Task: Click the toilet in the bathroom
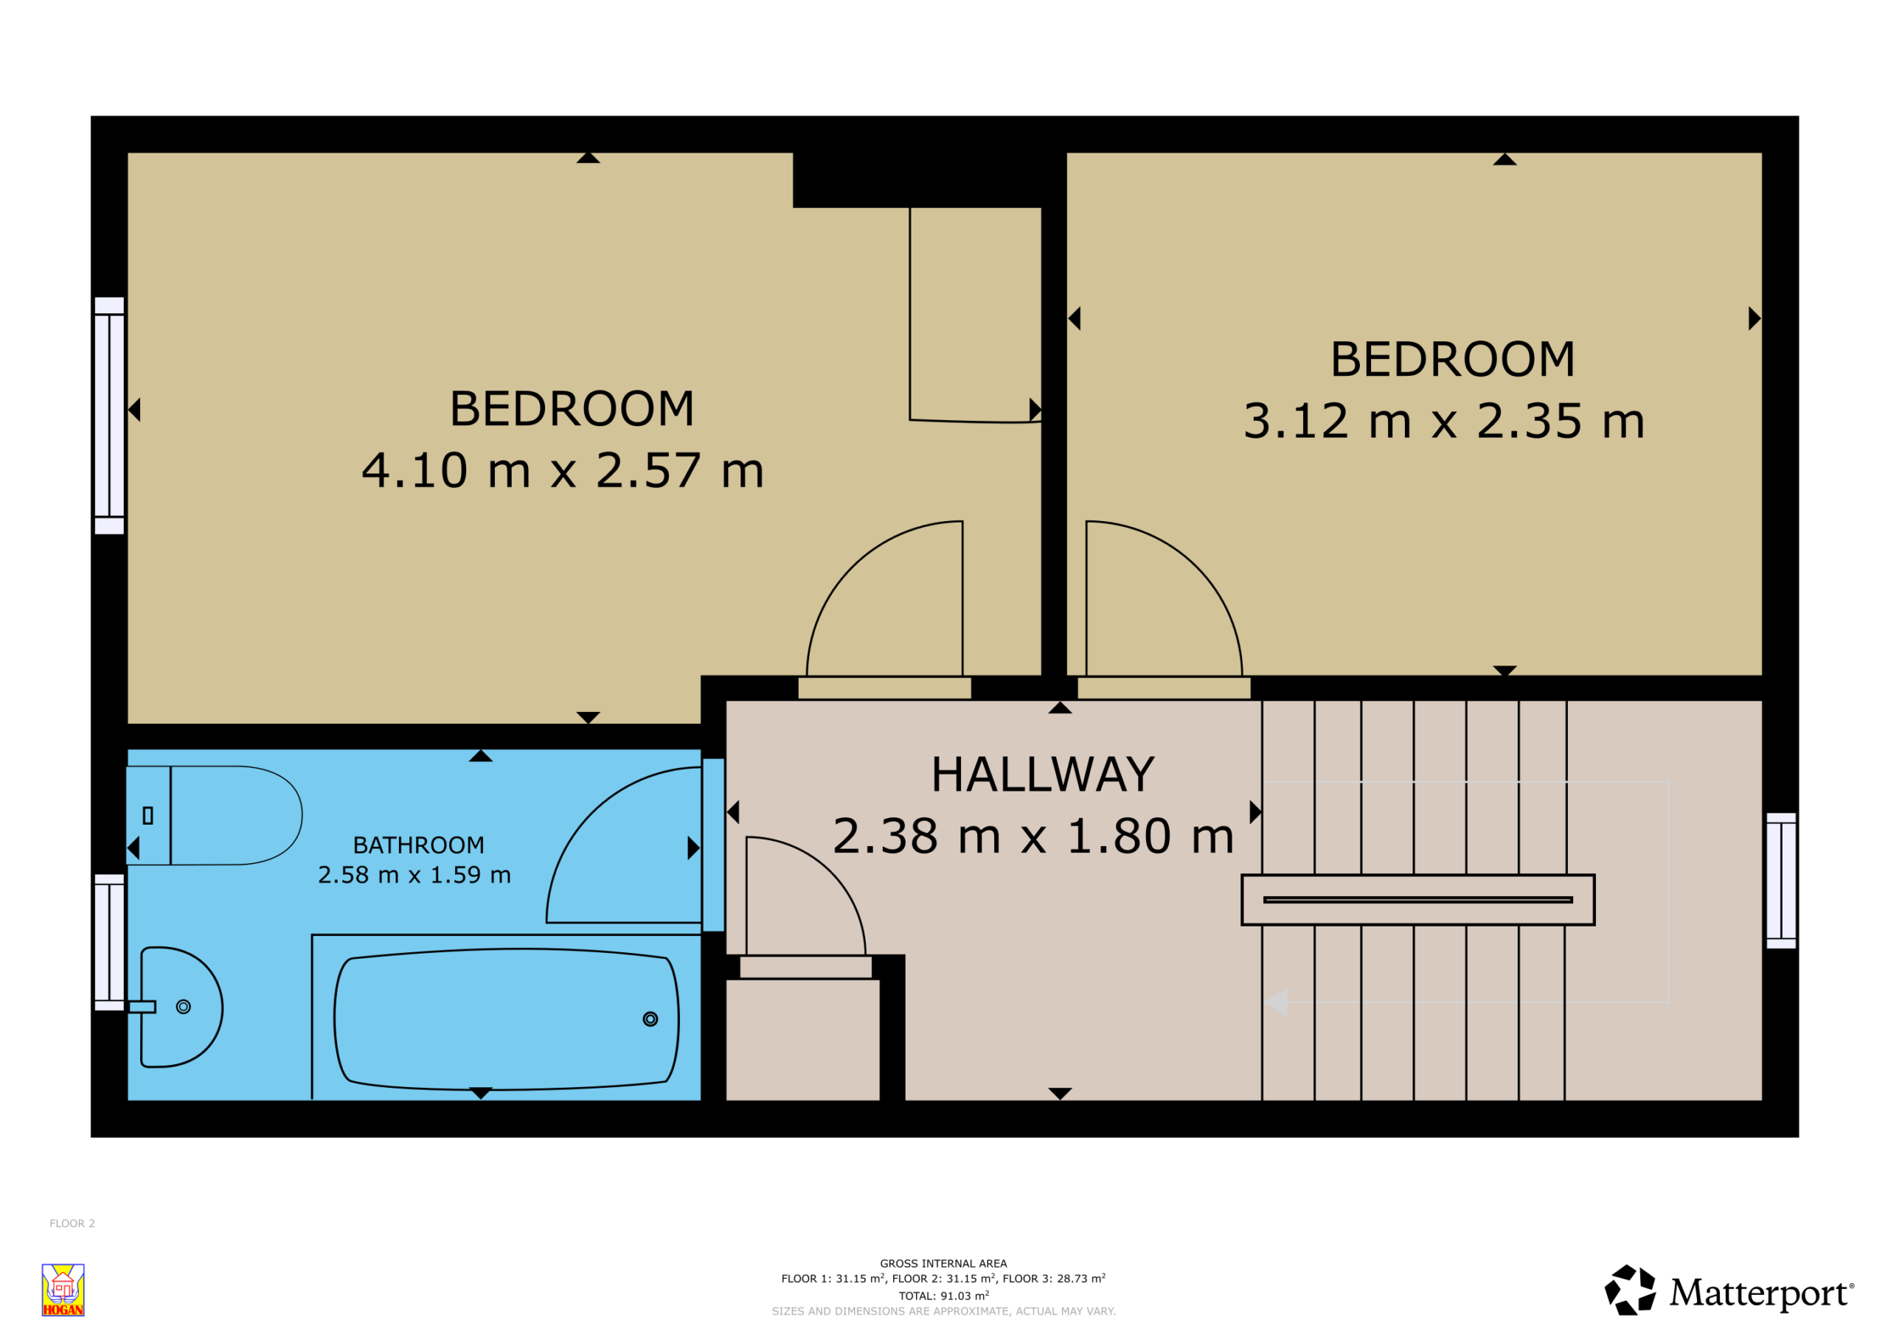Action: [x=214, y=815]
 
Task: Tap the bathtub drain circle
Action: [x=650, y=1019]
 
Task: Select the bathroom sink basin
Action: [x=181, y=1008]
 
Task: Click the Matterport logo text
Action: [x=1760, y=1293]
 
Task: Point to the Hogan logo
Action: [x=63, y=1290]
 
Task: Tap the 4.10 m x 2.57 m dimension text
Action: [x=563, y=470]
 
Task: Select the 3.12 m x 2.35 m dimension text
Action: [x=1444, y=421]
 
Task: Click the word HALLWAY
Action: [x=1043, y=775]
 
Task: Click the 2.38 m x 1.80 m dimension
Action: [x=1034, y=836]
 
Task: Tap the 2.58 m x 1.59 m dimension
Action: [x=414, y=875]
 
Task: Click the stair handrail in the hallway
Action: [x=1417, y=900]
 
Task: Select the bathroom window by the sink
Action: [x=109, y=942]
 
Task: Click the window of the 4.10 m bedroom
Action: [x=109, y=416]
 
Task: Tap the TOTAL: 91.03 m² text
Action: [x=944, y=1296]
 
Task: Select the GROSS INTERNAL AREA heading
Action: [x=943, y=1264]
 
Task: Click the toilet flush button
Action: [x=148, y=815]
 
